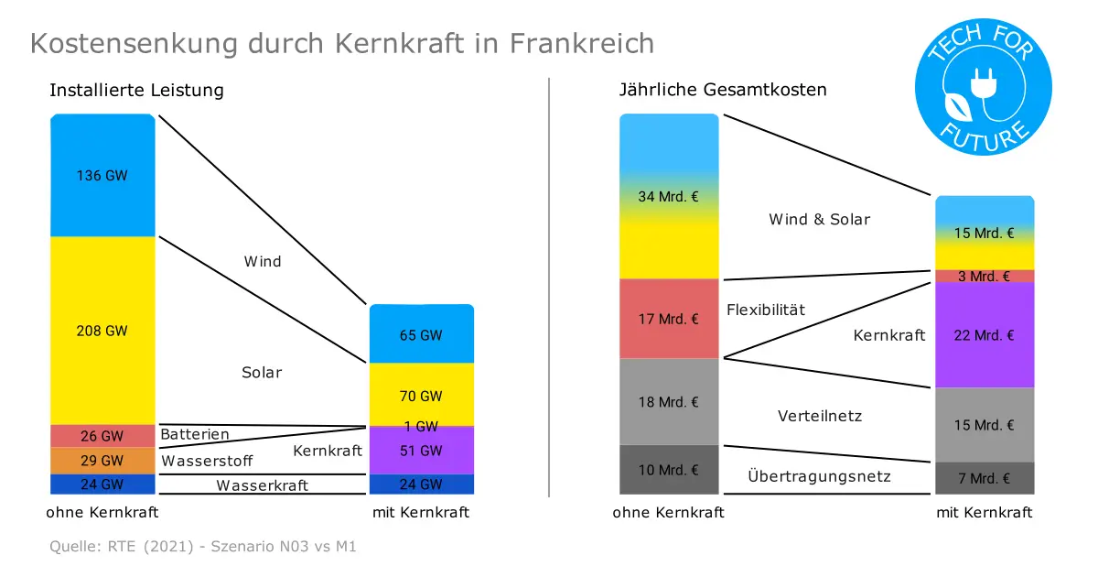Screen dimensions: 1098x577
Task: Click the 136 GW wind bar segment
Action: [x=102, y=175]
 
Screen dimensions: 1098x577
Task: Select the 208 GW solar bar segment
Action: [x=102, y=331]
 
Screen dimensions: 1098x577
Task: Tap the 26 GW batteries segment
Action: [x=102, y=436]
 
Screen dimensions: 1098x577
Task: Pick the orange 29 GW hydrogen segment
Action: [x=102, y=461]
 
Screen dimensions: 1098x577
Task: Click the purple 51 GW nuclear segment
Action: [x=422, y=451]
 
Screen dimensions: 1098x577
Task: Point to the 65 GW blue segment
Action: [x=422, y=333]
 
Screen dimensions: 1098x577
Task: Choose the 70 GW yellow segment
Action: [x=422, y=394]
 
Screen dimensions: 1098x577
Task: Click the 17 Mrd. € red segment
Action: [x=669, y=319]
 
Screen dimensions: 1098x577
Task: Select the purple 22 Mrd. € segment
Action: [x=985, y=335]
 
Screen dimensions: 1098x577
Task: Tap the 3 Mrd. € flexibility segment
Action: [x=985, y=277]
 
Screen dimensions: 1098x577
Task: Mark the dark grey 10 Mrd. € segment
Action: [x=669, y=470]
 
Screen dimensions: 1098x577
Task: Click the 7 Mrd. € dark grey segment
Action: [x=985, y=478]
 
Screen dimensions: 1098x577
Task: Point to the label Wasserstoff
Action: [x=207, y=461]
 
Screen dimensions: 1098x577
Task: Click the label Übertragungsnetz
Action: [x=819, y=475]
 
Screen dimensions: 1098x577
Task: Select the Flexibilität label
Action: [x=766, y=310]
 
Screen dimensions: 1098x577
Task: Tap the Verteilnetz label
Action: [x=820, y=416]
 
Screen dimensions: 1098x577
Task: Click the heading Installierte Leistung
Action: [x=136, y=91]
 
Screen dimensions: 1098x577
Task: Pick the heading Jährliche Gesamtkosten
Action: [x=723, y=90]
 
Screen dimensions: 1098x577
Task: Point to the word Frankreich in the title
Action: [x=582, y=43]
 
